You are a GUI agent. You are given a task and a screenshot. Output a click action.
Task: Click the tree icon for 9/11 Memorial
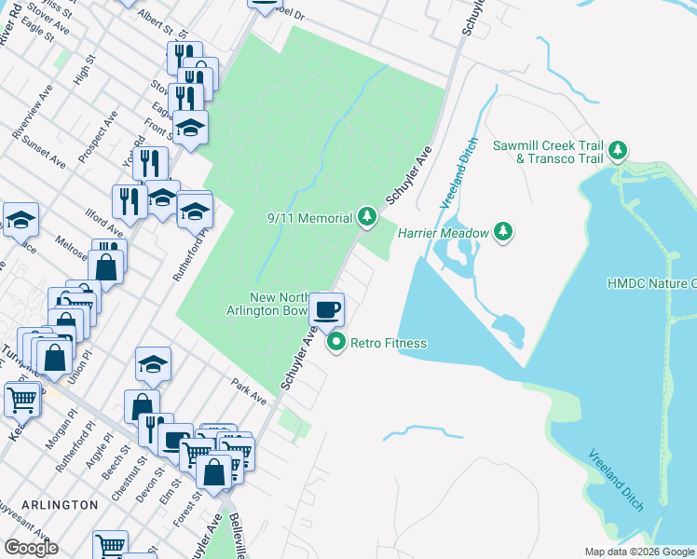(367, 218)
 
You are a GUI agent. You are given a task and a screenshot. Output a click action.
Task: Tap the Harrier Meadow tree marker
(503, 231)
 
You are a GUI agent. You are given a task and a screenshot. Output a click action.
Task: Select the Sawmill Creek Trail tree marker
(616, 150)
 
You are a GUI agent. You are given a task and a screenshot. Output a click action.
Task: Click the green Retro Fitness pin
(336, 343)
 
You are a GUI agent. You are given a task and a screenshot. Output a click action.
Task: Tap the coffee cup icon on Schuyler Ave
(326, 308)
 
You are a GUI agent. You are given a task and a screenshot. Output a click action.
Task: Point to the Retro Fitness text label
(388, 343)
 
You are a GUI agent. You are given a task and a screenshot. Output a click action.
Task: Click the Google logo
(31, 547)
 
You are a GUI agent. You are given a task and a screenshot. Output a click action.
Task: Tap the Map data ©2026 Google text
(639, 552)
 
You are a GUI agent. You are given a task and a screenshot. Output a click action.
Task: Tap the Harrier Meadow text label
(444, 232)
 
